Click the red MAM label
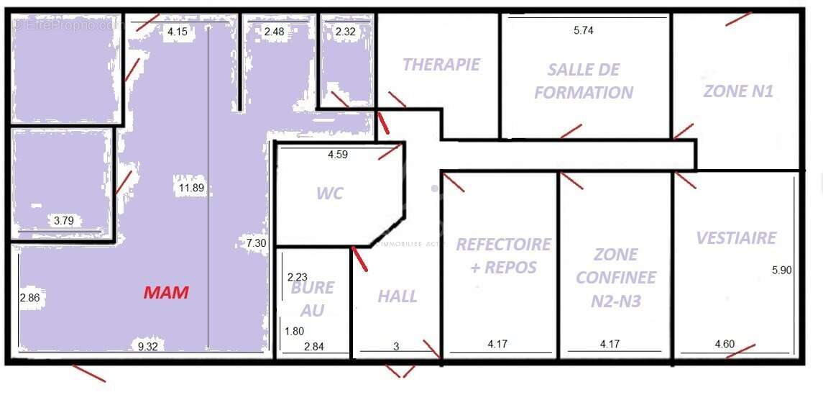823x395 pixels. (166, 293)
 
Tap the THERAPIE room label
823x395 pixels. (441, 65)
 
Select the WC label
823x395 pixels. (330, 194)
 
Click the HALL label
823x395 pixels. (397, 296)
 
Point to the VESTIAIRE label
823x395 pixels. (737, 238)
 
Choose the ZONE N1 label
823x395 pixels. (737, 92)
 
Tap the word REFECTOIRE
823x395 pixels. (503, 245)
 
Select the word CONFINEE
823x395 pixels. (616, 278)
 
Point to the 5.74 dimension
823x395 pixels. (584, 30)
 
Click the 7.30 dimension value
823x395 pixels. (256, 243)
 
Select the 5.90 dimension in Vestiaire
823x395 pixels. (781, 271)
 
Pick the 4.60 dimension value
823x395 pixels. (725, 345)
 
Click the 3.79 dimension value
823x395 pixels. (64, 221)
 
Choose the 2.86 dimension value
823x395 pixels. (29, 297)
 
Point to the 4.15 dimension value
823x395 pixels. (177, 32)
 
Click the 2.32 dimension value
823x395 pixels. (346, 32)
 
